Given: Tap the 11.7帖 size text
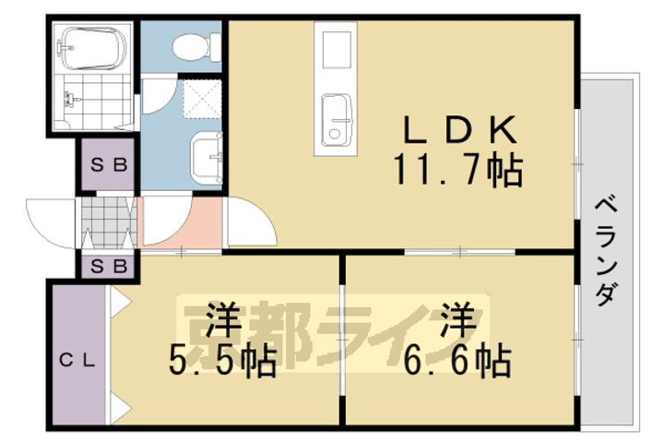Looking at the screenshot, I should click(458, 171).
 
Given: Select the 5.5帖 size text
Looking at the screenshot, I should click(221, 362).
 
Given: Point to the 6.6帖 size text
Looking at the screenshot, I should click(457, 362).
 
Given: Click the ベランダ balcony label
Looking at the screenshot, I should click(605, 251).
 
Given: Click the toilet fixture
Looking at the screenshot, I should click(196, 45).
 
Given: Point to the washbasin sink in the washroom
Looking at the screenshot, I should click(207, 158).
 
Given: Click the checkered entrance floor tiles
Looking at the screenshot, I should click(109, 221).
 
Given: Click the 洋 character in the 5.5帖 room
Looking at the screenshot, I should click(221, 320).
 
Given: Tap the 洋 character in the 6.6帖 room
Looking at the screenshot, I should click(457, 320).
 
